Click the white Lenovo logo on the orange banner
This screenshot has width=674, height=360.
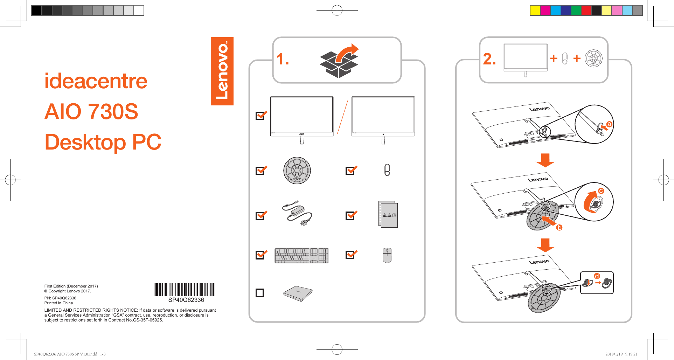[x=222, y=71]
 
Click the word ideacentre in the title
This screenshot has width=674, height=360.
[x=96, y=81]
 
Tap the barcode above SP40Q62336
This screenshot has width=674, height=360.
[x=185, y=290]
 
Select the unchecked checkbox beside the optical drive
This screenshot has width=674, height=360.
[x=260, y=293]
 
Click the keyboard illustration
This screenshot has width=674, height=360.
[x=301, y=255]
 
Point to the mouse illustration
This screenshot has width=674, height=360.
[x=387, y=255]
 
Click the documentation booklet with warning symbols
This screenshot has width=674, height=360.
[x=388, y=214]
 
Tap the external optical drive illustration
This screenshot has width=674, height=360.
[x=298, y=293]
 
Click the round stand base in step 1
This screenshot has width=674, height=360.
[x=297, y=171]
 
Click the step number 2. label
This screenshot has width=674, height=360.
[x=489, y=59]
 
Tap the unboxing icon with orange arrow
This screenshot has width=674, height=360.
[x=339, y=60]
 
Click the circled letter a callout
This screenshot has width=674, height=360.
[x=609, y=124]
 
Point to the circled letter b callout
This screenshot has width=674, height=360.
[x=560, y=228]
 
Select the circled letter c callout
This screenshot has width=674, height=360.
[x=601, y=191]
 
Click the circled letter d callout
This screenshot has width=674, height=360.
[x=597, y=276]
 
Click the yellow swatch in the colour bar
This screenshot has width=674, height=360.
[x=535, y=11]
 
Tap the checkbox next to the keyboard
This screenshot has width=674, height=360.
[x=260, y=255]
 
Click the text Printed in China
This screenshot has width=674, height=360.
[x=58, y=303]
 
